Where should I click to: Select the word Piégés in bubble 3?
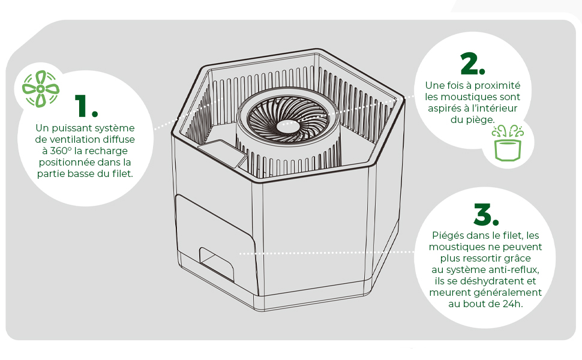(x=449, y=236)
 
